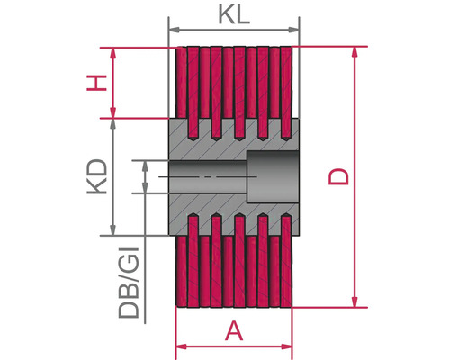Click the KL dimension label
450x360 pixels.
pos(234,14)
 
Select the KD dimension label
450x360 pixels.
pos(97,176)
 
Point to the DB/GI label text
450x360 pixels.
pos(129,283)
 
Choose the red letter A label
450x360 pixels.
pos(234,330)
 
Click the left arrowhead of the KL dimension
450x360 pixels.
pos(175,30)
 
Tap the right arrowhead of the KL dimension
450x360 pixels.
pos(294,30)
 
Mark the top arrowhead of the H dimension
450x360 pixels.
pos(112,53)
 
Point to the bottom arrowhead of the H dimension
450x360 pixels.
pos(112,112)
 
